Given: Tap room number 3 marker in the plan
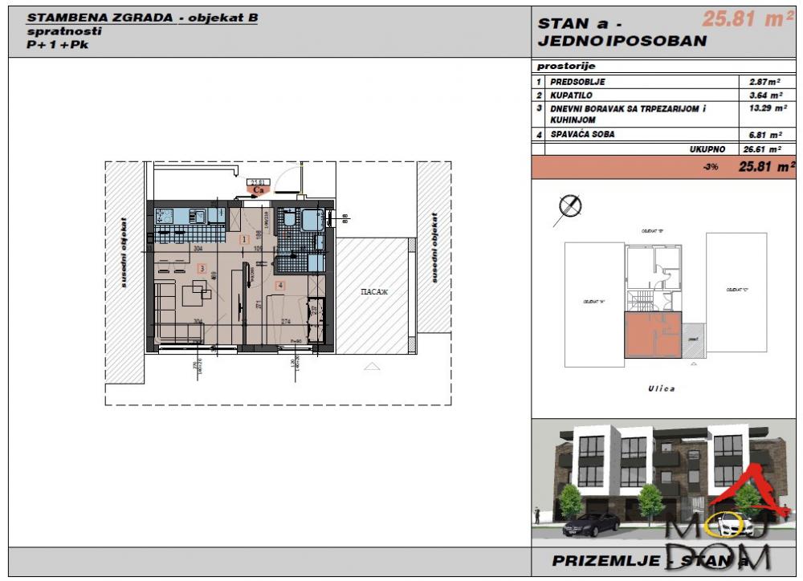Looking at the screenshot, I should pos(202,268).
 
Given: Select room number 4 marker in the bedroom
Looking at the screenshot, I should pos(279,284).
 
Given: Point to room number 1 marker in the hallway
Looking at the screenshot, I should pos(244,239).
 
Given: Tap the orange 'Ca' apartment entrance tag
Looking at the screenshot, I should pos(259,191).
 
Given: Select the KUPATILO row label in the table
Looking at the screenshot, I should pos(572,95).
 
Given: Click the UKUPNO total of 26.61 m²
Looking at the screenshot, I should pos(760,149).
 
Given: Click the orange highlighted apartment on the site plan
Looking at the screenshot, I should pos(652,335).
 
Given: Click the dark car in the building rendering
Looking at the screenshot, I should pos(591,524).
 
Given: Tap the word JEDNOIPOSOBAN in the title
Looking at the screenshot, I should pos(622,41).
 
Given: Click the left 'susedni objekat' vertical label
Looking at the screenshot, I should pos(123,248).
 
